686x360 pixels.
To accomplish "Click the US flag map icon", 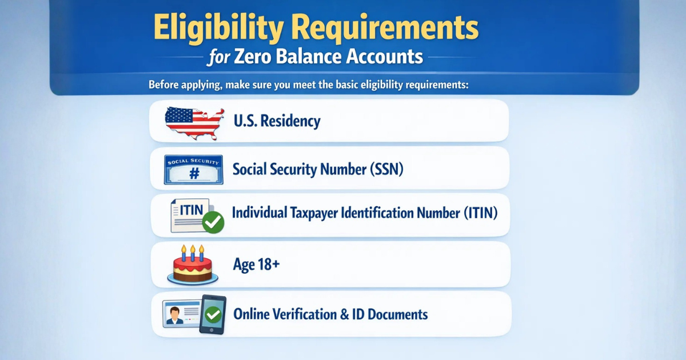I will coord(194,122).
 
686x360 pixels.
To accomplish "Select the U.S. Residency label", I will coord(277,121).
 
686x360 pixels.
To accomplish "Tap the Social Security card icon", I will coord(193,170).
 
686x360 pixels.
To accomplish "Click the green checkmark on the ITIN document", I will coord(214,222).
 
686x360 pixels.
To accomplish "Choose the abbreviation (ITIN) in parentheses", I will coord(479,214).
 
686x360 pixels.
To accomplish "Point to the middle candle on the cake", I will coord(193,251).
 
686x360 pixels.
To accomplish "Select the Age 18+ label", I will coord(256,265).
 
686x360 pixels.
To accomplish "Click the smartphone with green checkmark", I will coord(213,314).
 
